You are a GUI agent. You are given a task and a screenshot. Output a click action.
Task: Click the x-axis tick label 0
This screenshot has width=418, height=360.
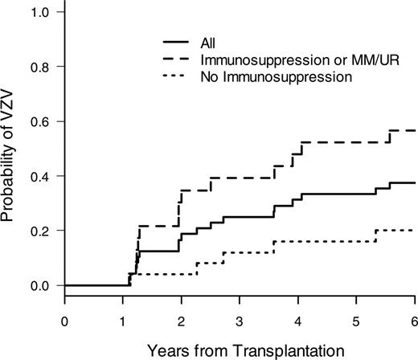click(64, 317)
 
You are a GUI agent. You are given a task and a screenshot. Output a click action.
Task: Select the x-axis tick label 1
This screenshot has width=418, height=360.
click(123, 317)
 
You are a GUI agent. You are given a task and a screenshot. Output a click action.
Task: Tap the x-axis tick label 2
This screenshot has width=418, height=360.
click(182, 317)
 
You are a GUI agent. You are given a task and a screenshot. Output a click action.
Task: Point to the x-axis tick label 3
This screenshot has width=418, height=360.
click(240, 317)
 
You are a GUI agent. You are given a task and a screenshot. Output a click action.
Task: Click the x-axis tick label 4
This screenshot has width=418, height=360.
click(298, 317)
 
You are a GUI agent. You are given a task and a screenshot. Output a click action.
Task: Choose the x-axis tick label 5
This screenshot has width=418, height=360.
click(356, 317)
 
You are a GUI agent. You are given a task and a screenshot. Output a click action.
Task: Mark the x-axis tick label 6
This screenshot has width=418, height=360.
click(414, 317)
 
